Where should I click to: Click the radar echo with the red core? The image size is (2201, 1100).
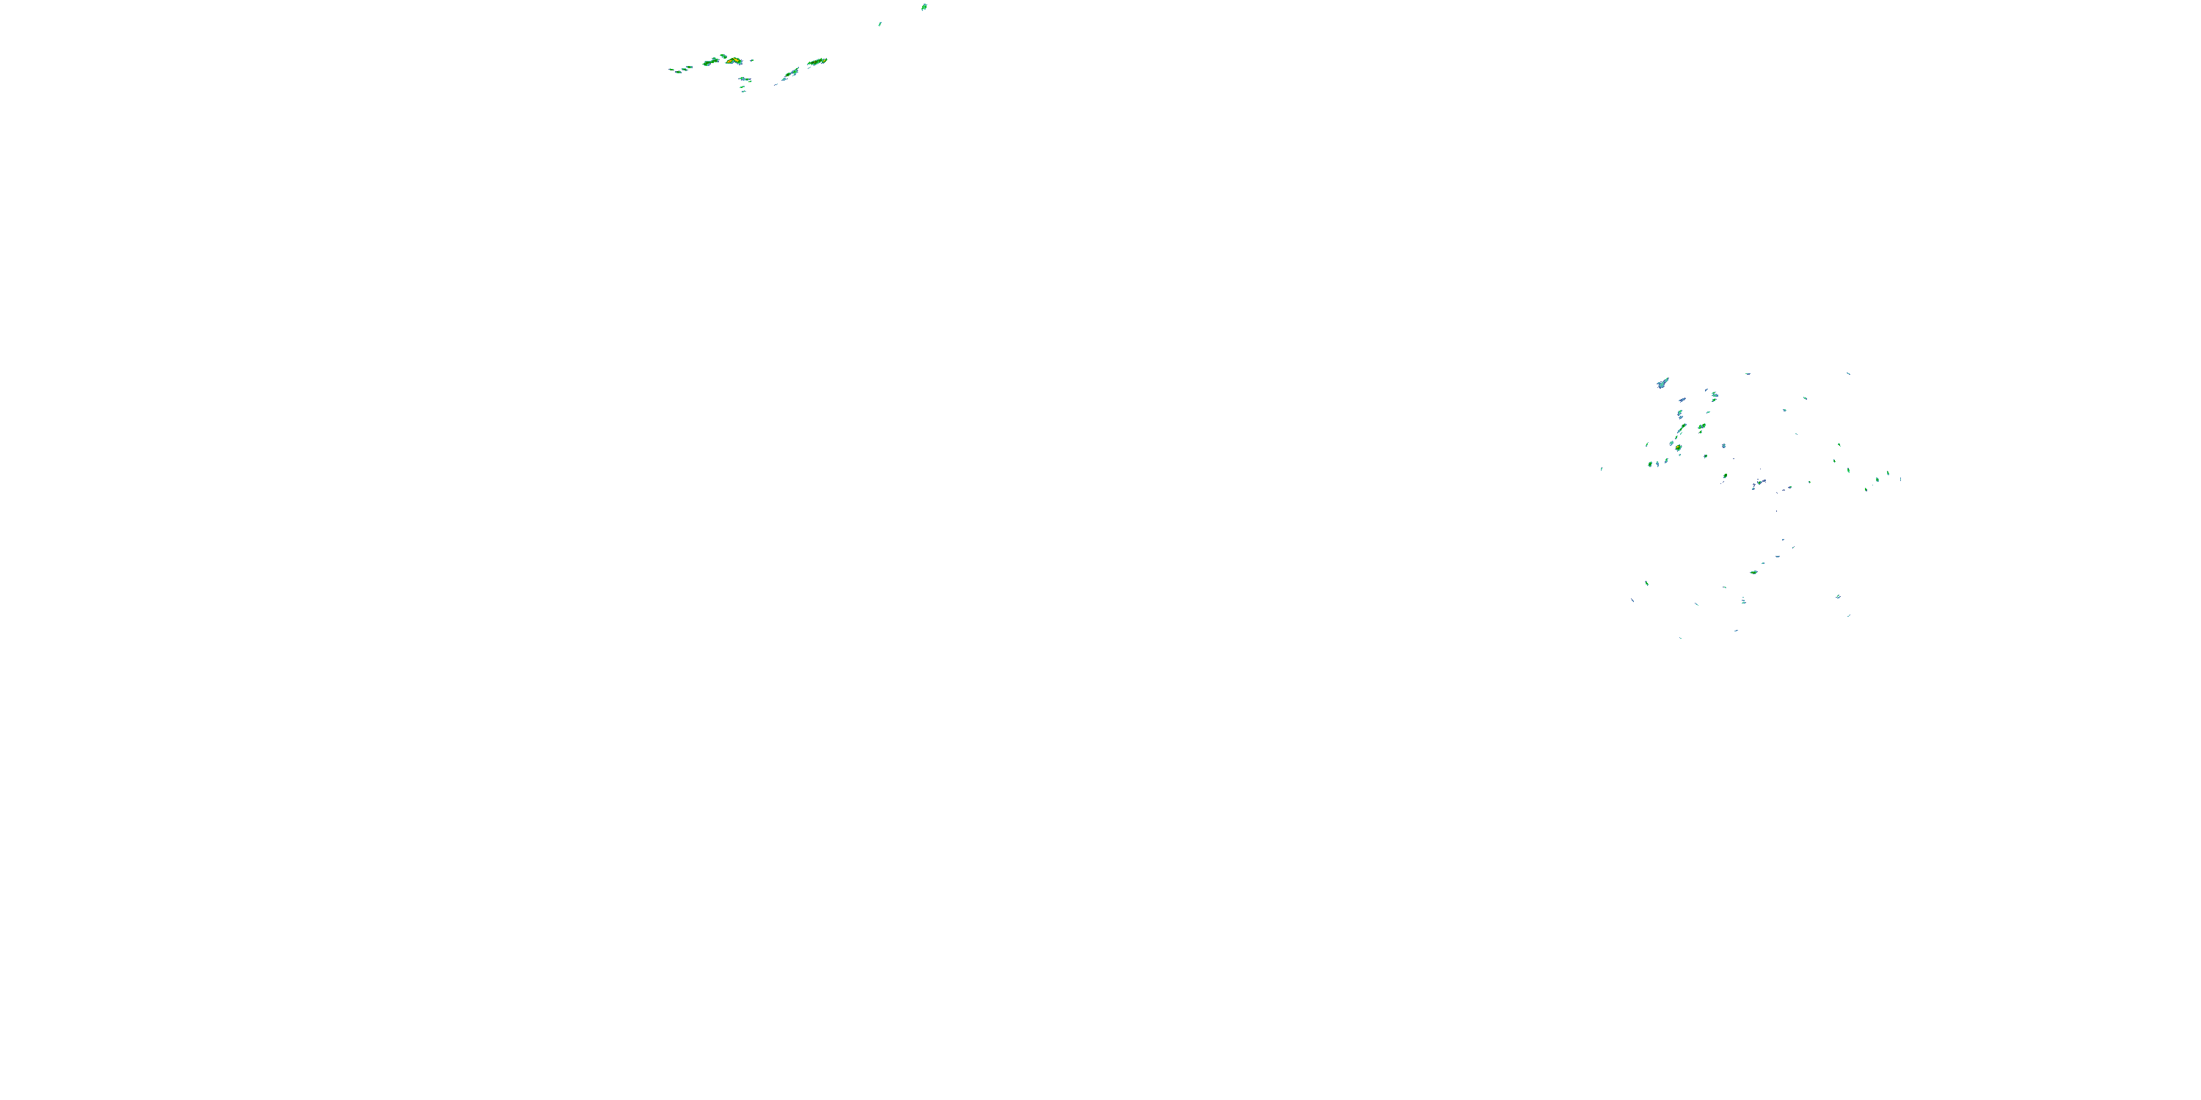coord(731,61)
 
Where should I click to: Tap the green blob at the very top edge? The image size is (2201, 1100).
coord(924,7)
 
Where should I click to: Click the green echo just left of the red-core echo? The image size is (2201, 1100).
coord(710,62)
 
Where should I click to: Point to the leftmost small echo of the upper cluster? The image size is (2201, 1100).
coord(671,70)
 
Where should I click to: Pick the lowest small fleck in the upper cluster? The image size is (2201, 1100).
coord(742,90)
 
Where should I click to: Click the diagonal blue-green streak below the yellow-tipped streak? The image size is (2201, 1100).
coord(790,74)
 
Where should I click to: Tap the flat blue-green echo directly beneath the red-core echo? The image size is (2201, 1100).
coord(746,79)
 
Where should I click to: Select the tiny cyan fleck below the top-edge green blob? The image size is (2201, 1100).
coord(879,24)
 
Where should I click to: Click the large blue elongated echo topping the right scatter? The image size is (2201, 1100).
coord(1662,383)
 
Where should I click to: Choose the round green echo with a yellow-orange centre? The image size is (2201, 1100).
coord(1679,447)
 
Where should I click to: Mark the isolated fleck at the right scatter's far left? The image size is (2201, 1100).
coord(1601,468)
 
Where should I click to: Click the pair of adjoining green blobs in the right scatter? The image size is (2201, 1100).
coord(1652,463)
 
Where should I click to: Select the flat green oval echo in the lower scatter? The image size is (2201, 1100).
coord(1753,572)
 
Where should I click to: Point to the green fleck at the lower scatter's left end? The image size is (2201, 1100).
coord(1646,583)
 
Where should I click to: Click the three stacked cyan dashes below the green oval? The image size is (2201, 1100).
coord(1743,601)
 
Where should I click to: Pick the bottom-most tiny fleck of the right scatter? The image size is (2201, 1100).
coord(1681,638)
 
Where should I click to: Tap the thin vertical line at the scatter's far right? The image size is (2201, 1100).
coord(1900,478)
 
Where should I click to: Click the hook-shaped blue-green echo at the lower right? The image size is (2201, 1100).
coord(1838,597)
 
